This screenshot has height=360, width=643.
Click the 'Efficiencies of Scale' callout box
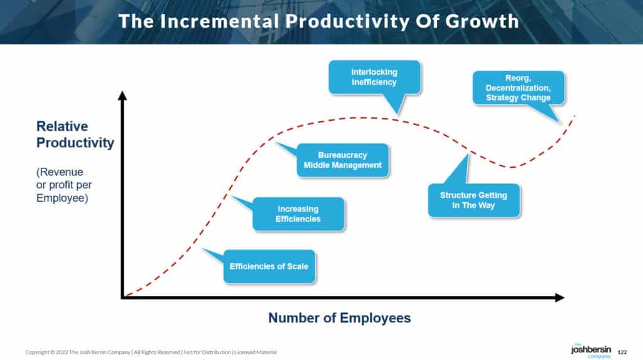point(269,266)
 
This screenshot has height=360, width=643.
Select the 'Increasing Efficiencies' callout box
point(298,214)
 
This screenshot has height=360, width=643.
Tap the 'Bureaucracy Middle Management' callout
point(342,160)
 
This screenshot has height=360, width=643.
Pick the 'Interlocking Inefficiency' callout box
point(374,77)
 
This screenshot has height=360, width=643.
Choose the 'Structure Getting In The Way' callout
point(473,200)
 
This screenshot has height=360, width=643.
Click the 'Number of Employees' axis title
point(340,318)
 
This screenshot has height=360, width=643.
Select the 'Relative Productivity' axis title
point(75,134)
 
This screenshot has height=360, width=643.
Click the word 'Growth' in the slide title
point(482,21)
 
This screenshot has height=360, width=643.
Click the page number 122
point(622,352)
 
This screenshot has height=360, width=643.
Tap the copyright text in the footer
point(151,352)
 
